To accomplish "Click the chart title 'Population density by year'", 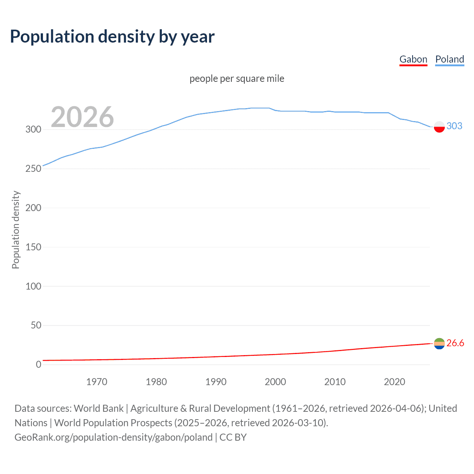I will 112,37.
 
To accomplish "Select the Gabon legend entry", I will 413,59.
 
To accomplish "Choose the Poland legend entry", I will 450,59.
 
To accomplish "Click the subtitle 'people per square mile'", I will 237,79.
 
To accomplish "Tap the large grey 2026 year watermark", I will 82,117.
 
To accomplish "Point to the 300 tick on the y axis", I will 33,129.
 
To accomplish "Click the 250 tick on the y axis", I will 33,168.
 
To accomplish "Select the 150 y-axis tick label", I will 33,247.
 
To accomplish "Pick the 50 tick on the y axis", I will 36,325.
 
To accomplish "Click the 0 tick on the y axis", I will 39,364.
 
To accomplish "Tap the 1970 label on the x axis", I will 97,382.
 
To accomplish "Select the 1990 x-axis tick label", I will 216,382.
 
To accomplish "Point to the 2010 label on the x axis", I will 335,382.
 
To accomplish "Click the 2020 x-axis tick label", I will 394,382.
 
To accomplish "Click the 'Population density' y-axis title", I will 16,230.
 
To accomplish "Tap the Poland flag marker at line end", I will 439,127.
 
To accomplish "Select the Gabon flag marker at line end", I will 439,344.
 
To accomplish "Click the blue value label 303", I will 454,126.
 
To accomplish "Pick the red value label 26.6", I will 455,343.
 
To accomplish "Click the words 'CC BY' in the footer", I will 233,437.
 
